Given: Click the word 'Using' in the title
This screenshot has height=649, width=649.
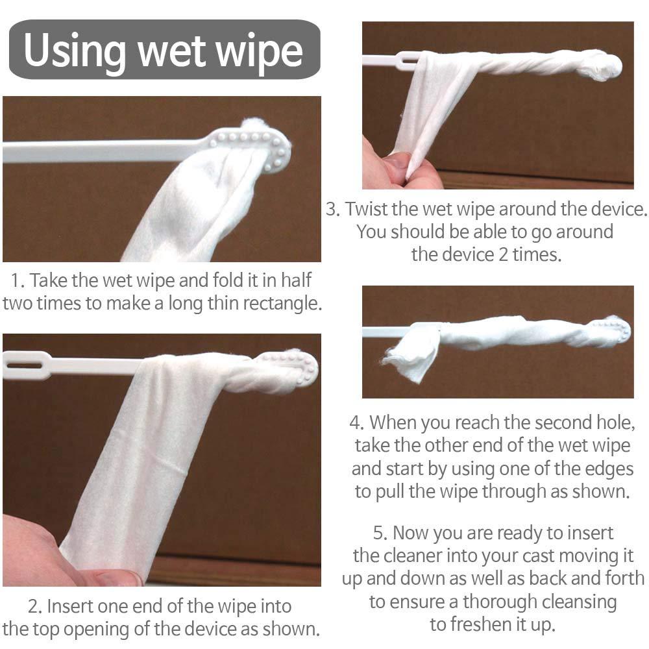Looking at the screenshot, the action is point(75,51).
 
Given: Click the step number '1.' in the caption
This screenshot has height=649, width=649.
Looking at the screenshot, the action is point(18,280).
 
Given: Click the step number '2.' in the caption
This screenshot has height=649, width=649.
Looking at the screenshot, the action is point(35,606).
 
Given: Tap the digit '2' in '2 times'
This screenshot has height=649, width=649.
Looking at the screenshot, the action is point(503,254).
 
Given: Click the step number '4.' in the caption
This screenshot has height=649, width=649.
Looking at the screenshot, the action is point(356,422).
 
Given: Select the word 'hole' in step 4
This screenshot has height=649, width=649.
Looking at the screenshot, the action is point(614,422).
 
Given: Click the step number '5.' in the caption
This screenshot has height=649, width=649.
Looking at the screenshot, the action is point(380,533).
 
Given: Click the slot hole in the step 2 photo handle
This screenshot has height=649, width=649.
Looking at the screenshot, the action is point(25,365).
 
